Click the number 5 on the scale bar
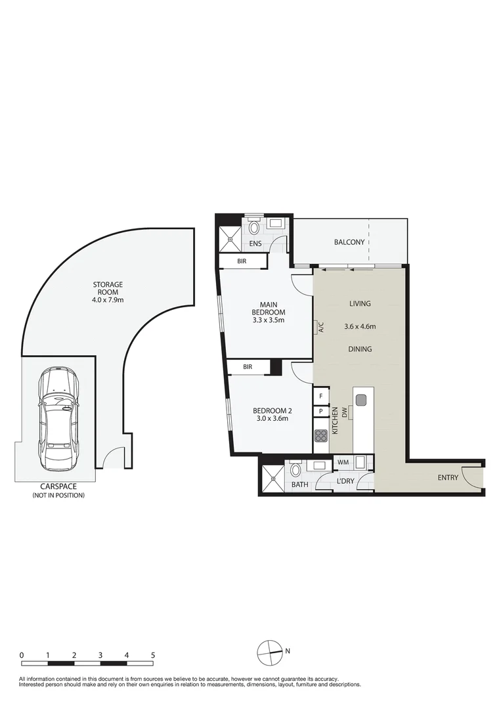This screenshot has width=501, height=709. [153, 655]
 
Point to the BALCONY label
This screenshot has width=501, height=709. [349, 242]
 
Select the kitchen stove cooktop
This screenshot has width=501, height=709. [321, 436]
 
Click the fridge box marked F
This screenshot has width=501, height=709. [321, 396]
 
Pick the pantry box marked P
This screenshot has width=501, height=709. [321, 412]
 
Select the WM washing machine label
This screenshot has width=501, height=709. [343, 463]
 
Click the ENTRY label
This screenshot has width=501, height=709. [448, 477]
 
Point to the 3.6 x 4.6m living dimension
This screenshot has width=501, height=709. [360, 326]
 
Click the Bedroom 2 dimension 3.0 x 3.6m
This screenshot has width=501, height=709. [271, 418]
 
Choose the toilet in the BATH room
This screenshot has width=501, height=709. [295, 471]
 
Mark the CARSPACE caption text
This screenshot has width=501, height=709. [58, 487]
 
